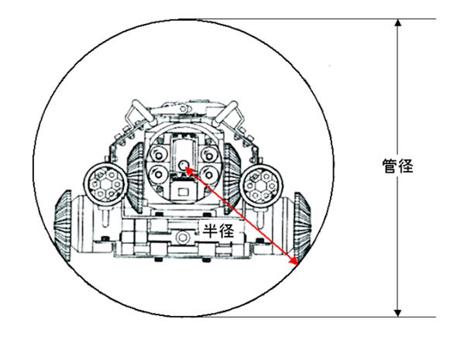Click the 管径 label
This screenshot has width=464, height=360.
(397, 166)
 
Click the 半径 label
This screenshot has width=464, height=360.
(218, 231)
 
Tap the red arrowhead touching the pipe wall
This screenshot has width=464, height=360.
(294, 260)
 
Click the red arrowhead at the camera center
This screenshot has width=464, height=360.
(189, 170)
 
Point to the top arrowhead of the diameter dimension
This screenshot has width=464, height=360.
(398, 22)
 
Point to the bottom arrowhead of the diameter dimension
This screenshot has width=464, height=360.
(398, 313)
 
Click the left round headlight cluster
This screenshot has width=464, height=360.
(105, 184)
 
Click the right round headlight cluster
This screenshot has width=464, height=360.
(261, 186)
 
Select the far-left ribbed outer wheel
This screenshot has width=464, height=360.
(63, 226)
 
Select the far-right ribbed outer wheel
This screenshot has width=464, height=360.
(302, 227)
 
